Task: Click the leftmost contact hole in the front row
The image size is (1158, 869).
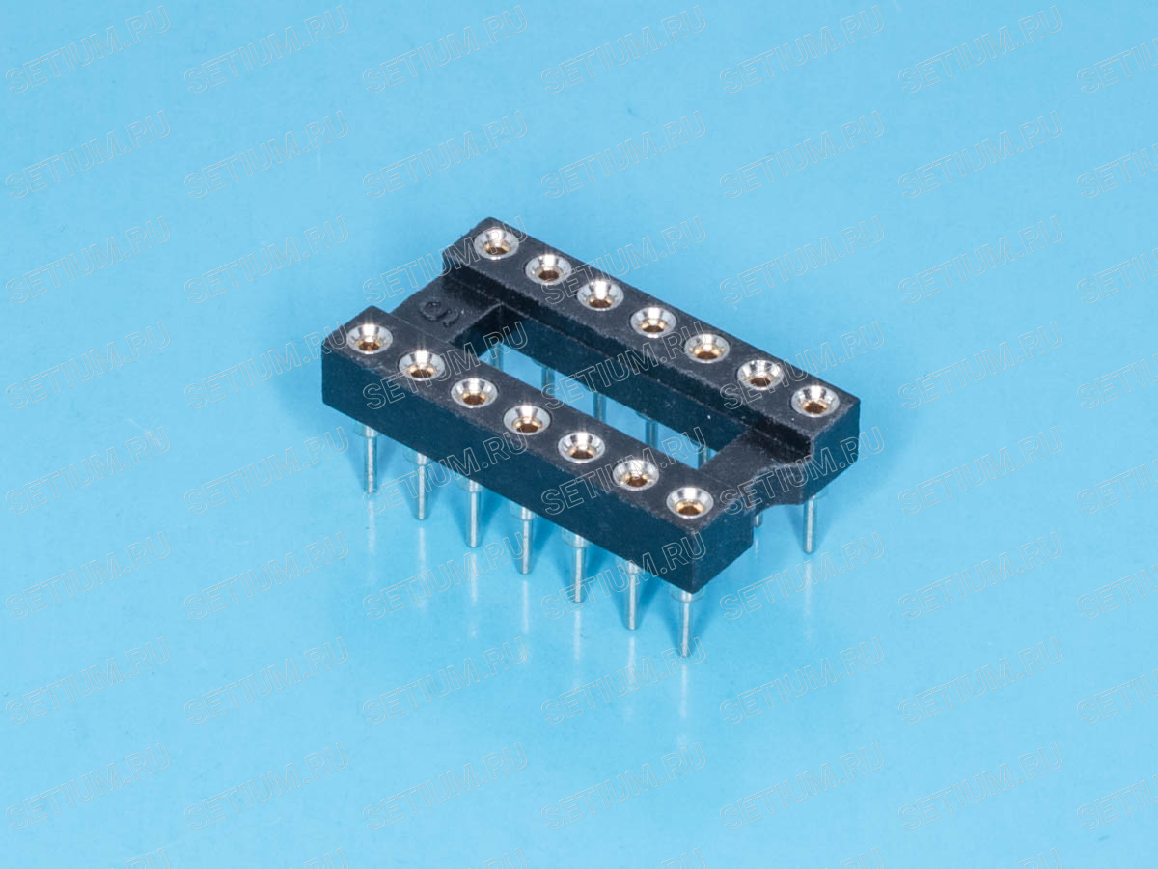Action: coord(370,338)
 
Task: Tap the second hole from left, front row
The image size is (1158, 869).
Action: coord(422,365)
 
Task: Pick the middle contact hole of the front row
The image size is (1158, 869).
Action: coord(527,419)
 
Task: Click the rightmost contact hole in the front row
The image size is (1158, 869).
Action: coord(690,502)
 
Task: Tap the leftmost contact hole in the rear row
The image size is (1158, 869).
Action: coord(496,243)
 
